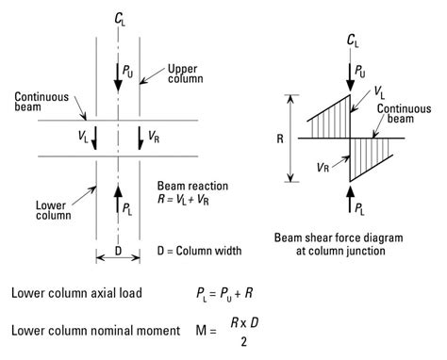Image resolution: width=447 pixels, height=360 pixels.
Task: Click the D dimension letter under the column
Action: coord(117,252)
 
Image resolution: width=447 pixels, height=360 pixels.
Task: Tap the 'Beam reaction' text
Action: coord(191,186)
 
